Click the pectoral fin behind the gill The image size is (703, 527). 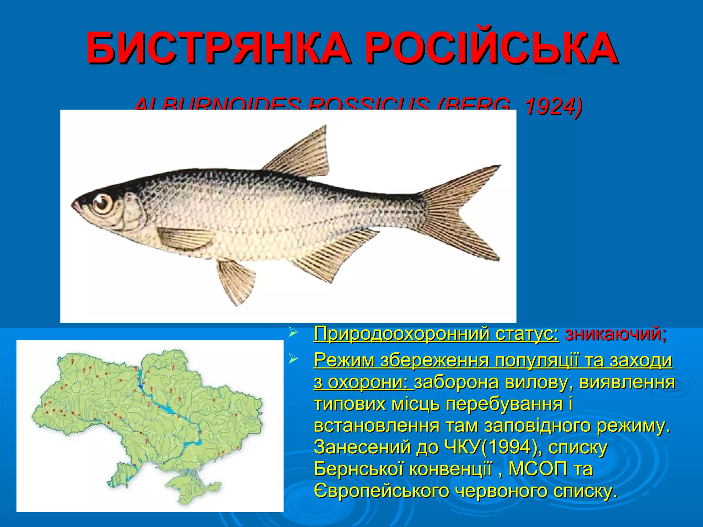185,238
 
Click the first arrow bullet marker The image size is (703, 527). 292,332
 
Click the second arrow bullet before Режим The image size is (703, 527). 292,359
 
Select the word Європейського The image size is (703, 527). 381,491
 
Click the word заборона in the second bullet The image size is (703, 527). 457,382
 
